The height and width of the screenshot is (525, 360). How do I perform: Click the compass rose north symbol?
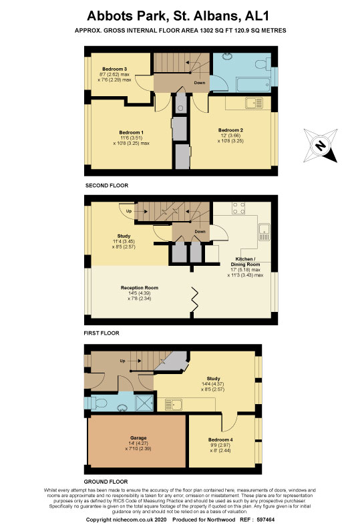(x=321, y=146)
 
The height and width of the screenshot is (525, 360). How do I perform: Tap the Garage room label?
(x=138, y=437)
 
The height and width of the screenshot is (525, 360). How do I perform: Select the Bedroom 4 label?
(x=220, y=440)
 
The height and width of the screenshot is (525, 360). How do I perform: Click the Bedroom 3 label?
(x=114, y=69)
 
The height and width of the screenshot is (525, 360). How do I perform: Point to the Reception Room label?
(x=140, y=288)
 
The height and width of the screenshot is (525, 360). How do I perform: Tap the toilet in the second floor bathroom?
(x=262, y=63)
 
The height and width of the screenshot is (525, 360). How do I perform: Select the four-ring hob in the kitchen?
(x=238, y=208)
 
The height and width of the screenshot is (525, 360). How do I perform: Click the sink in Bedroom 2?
(x=254, y=103)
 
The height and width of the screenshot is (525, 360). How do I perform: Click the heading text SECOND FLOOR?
(x=107, y=186)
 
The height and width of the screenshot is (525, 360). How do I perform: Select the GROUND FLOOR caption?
(x=106, y=482)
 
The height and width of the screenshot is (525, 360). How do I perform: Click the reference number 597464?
(x=266, y=520)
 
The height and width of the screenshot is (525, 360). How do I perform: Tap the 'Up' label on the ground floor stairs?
(x=123, y=361)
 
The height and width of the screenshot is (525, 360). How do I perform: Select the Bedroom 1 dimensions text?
(x=131, y=140)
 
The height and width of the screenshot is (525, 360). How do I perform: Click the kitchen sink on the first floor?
(x=264, y=232)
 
